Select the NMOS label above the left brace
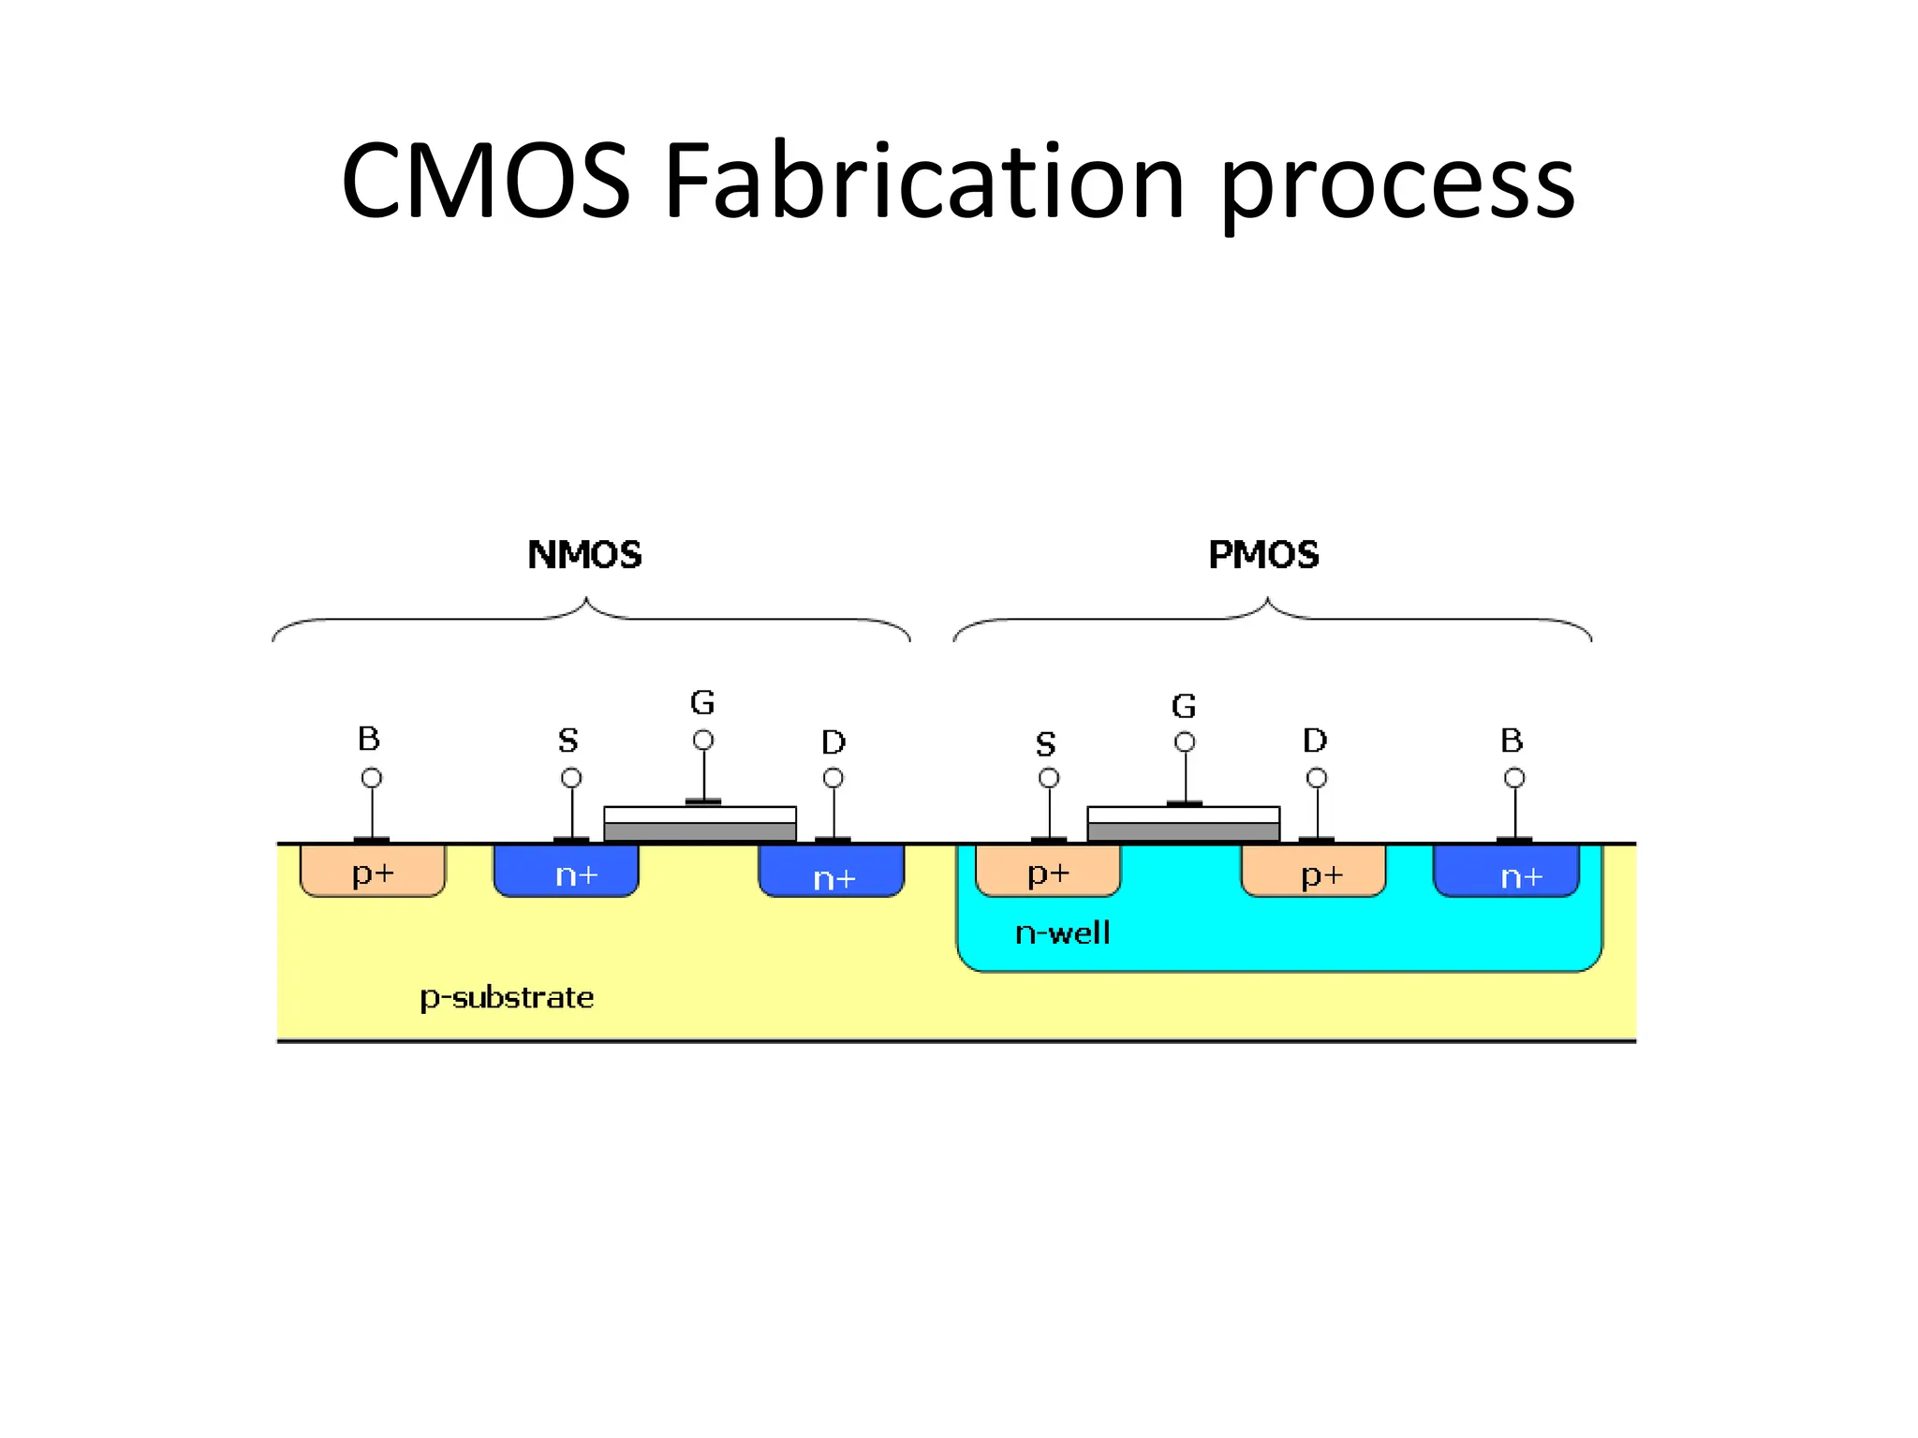584,555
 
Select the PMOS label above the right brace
1263,555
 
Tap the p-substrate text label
507,998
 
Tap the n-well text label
1062,933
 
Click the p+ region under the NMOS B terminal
373,872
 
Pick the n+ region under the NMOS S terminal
567,872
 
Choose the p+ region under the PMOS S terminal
1048,872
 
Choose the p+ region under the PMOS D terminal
1314,872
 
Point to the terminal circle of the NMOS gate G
703,741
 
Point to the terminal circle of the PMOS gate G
1185,742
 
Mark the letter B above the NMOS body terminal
369,739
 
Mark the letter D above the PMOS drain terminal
1315,741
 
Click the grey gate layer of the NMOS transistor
700,832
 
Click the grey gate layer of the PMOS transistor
1183,832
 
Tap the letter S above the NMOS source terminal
568,741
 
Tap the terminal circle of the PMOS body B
1514,778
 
